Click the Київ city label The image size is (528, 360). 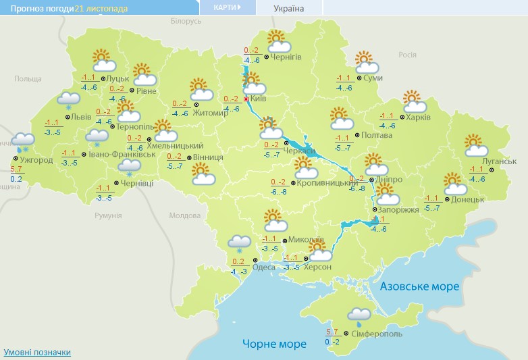[x=259, y=99]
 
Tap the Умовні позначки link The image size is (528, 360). [x=37, y=353]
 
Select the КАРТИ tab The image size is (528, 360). [x=227, y=7]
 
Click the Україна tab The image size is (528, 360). [x=288, y=9]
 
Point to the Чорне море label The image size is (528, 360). [x=274, y=344]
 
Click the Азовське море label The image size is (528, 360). [x=419, y=286]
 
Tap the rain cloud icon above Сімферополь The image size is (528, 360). [x=359, y=314]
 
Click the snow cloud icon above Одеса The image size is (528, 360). [x=240, y=242]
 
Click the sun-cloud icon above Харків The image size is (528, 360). [x=415, y=101]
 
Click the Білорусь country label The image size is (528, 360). [x=186, y=22]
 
